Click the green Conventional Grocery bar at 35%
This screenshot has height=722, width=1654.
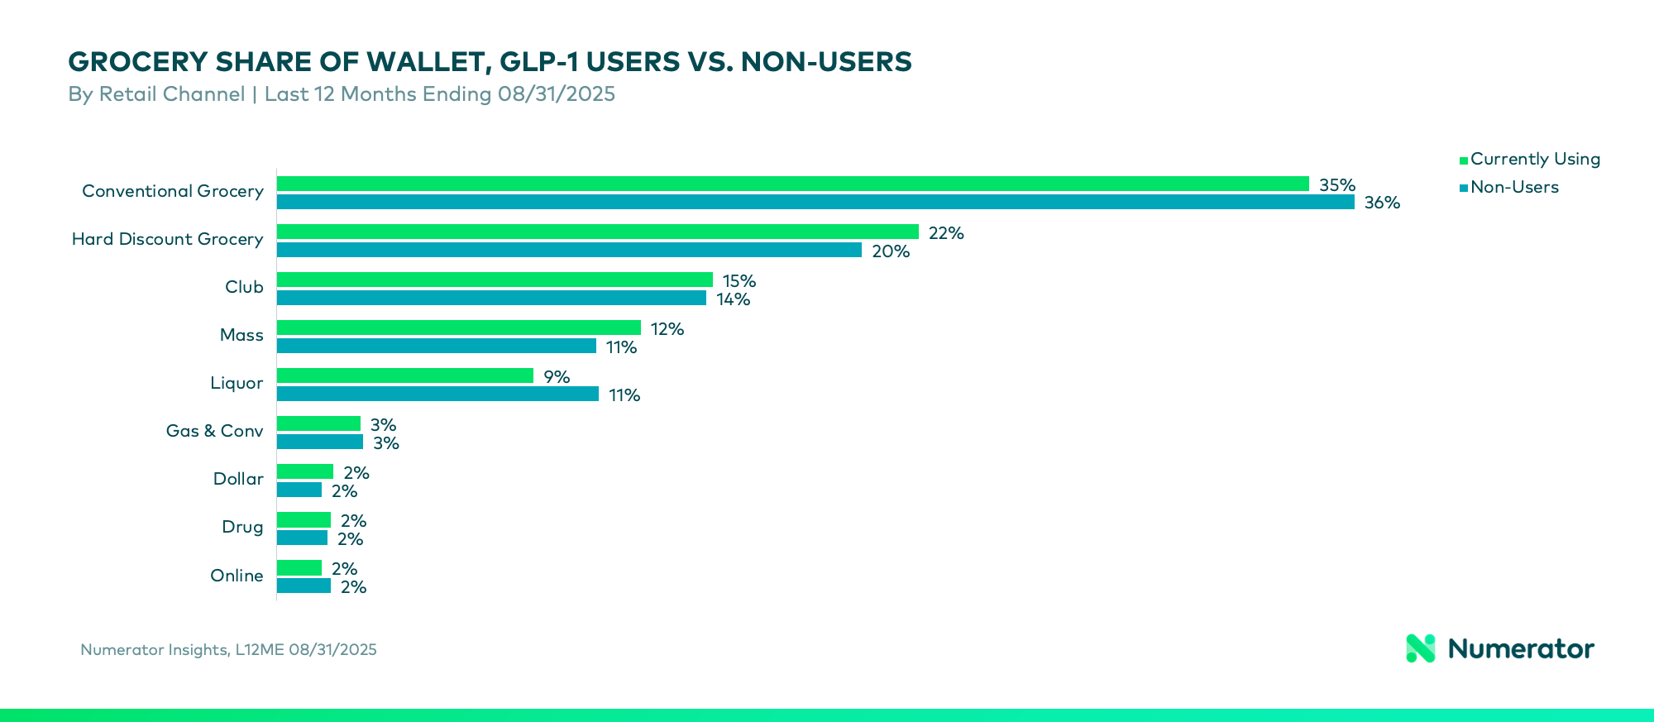coord(792,184)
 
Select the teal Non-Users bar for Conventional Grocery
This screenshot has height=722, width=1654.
coord(815,202)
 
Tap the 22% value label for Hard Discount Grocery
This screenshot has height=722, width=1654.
coord(946,233)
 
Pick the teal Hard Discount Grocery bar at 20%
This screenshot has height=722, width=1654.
coord(569,250)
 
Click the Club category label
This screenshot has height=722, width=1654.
coord(244,287)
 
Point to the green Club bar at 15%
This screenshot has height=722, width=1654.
coord(495,280)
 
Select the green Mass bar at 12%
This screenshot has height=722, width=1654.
coord(458,328)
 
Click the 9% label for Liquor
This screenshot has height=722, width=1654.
coord(557,377)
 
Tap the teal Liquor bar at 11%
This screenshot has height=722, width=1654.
coord(437,394)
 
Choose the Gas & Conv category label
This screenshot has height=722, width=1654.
coord(214,431)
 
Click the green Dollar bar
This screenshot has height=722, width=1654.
coord(304,471)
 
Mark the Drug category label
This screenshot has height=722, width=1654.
coord(242,527)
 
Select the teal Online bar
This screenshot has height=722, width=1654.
coord(304,586)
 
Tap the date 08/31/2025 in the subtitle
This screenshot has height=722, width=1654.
coord(556,94)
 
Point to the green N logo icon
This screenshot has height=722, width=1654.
coord(1421,648)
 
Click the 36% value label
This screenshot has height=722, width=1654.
coord(1382,203)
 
